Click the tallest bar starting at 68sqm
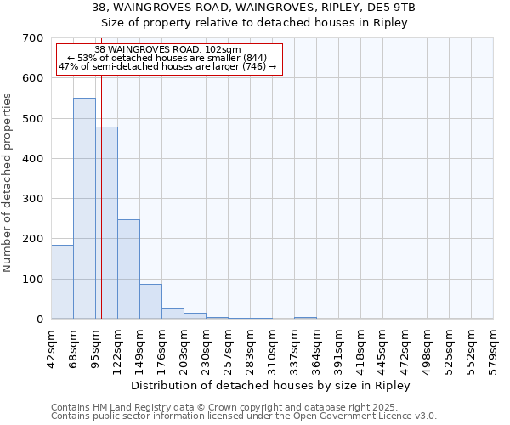point(84,208)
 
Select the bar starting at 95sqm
point(106,223)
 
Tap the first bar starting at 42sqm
point(62,281)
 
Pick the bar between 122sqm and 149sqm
point(128,269)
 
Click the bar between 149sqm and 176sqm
point(150,301)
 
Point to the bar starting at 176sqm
point(173,313)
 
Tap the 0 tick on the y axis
point(39,320)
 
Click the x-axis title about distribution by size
point(271,386)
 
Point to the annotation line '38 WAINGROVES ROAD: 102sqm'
point(167,50)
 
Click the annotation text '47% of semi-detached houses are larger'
point(167,66)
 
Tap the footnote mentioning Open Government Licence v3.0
point(244,416)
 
